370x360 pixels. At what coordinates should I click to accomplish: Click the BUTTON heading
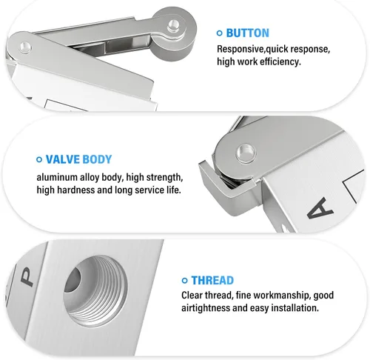(x=247, y=33)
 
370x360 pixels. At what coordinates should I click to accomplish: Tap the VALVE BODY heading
(x=78, y=159)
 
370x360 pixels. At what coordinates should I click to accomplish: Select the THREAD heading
(x=212, y=281)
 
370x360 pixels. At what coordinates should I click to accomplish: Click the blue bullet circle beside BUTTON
(x=219, y=33)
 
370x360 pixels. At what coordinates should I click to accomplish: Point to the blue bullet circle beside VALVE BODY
(x=39, y=159)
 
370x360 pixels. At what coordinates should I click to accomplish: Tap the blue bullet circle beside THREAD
(x=184, y=281)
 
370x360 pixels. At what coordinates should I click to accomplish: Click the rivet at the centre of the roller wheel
(x=174, y=25)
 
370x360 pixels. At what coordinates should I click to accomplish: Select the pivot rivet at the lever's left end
(x=25, y=47)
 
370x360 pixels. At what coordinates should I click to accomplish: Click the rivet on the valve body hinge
(x=246, y=153)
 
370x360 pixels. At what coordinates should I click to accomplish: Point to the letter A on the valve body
(x=320, y=208)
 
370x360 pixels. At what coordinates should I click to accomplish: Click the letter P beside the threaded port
(x=27, y=277)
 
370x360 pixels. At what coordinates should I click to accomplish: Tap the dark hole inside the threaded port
(x=73, y=280)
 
